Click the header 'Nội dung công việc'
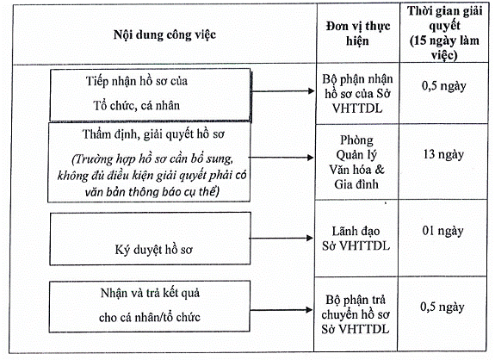(x=164, y=34)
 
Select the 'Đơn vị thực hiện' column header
(x=358, y=33)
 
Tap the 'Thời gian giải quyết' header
(x=444, y=18)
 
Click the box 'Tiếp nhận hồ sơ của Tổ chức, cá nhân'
(x=151, y=95)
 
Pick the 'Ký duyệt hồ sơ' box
(x=150, y=239)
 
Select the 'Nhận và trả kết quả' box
(x=150, y=307)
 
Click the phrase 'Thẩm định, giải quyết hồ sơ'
(x=153, y=134)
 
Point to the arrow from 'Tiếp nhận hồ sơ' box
(x=283, y=91)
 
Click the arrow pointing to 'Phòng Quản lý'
(x=282, y=158)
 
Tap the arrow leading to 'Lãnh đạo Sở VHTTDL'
(x=282, y=238)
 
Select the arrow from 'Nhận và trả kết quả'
(x=281, y=310)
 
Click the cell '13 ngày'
(x=443, y=154)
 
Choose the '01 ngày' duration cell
(x=442, y=231)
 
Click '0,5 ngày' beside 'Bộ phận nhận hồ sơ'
(x=443, y=86)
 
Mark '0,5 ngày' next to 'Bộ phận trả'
(x=442, y=307)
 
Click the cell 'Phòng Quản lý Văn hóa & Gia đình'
(x=356, y=162)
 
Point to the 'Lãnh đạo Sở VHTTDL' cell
(x=356, y=239)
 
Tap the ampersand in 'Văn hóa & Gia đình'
(x=380, y=170)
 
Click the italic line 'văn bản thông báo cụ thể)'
(x=152, y=192)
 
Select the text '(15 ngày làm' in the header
(x=444, y=40)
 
